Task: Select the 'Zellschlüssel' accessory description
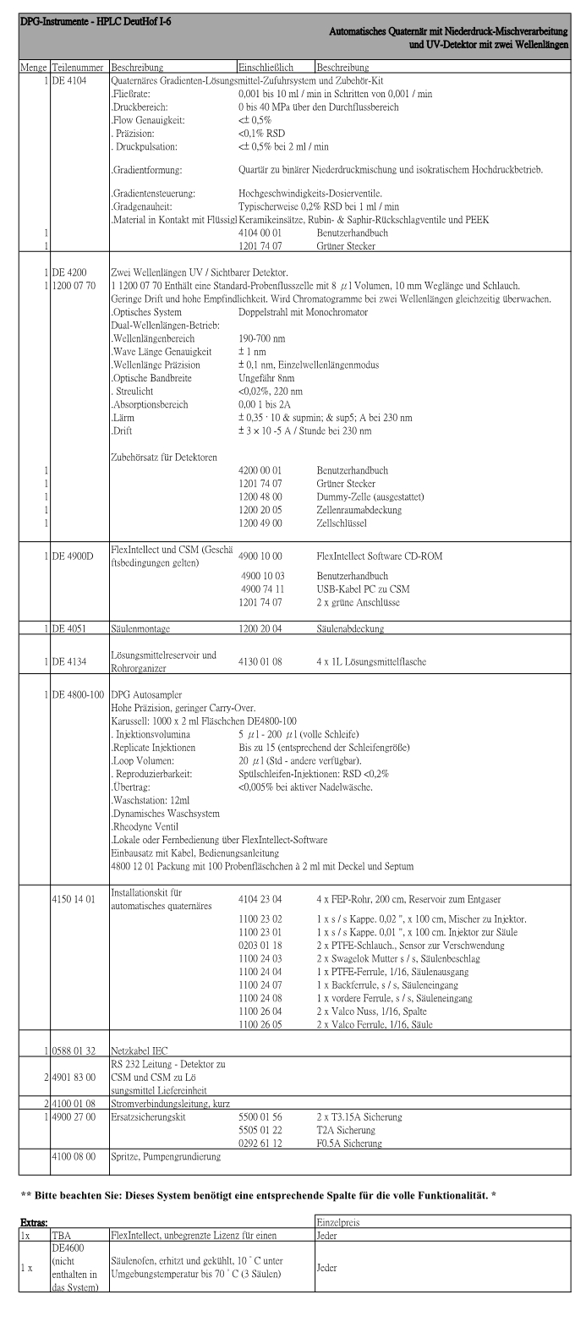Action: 345,523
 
